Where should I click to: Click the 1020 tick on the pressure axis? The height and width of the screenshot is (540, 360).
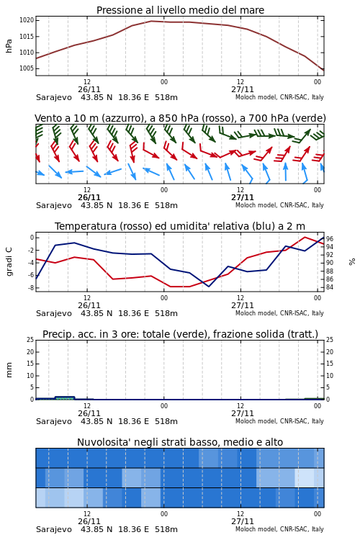click(27, 20)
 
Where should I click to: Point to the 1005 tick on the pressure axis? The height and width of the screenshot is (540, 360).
click(27, 68)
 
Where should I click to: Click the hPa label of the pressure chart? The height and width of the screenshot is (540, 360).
click(9, 46)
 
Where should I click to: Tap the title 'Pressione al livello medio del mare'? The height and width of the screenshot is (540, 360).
click(180, 10)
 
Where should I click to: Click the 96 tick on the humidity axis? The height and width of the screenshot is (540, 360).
click(330, 238)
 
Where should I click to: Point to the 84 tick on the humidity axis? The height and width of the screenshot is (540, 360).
click(330, 287)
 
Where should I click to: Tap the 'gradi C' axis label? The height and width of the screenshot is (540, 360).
click(9, 261)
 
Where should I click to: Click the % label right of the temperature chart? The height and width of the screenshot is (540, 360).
click(352, 262)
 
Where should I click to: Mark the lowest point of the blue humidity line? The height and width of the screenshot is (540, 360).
click(208, 286)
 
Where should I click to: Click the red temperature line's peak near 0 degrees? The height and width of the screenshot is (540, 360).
click(305, 237)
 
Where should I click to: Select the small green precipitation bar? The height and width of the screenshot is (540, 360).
click(65, 397)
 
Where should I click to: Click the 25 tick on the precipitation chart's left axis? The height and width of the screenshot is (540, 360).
click(30, 340)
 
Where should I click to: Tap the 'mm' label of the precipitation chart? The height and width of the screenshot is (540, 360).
click(9, 370)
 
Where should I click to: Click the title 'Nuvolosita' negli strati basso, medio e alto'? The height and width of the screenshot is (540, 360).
click(180, 442)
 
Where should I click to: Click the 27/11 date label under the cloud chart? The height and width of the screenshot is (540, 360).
click(242, 521)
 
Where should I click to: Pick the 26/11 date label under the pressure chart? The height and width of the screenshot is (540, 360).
click(89, 89)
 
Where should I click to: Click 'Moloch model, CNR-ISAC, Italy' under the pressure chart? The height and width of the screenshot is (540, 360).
click(279, 97)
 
